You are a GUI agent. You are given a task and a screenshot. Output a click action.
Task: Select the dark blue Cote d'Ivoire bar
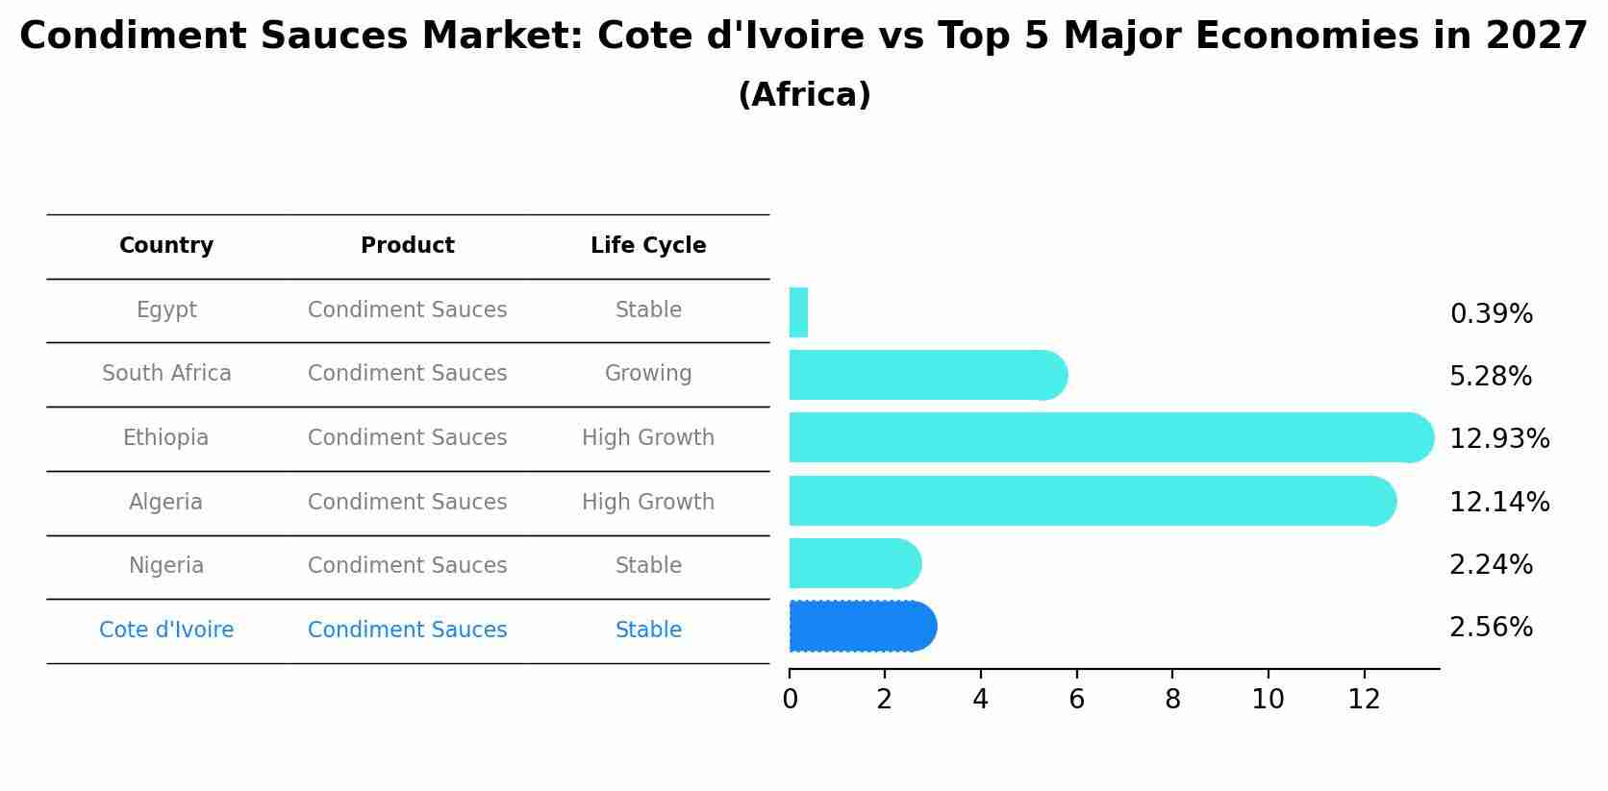pyautogui.click(x=861, y=627)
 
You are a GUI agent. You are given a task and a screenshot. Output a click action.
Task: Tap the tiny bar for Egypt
pyautogui.click(x=798, y=312)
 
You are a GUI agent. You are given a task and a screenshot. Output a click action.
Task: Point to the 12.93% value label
pyautogui.click(x=1498, y=439)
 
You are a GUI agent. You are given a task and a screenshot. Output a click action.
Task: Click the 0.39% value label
pyautogui.click(x=1491, y=314)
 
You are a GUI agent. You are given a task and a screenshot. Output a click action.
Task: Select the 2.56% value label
pyautogui.click(x=1491, y=628)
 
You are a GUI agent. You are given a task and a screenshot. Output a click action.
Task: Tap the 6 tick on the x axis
pyautogui.click(x=1076, y=700)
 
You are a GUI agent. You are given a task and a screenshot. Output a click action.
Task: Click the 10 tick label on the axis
pyautogui.click(x=1268, y=700)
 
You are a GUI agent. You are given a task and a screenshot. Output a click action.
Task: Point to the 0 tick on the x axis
pyautogui.click(x=790, y=700)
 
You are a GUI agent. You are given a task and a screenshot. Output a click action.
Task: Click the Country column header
pyautogui.click(x=166, y=246)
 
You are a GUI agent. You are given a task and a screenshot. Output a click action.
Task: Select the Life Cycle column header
pyautogui.click(x=648, y=246)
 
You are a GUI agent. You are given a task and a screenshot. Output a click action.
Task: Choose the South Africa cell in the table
pyautogui.click(x=166, y=374)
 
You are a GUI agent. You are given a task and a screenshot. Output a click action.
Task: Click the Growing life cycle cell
pyautogui.click(x=648, y=374)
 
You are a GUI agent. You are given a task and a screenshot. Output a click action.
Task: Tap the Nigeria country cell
pyautogui.click(x=166, y=566)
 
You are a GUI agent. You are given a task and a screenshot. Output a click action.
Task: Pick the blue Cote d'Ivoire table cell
pyautogui.click(x=166, y=630)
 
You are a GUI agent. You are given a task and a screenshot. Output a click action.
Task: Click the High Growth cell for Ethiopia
pyautogui.click(x=648, y=438)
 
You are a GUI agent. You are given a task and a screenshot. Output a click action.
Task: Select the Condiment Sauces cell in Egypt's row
pyautogui.click(x=407, y=310)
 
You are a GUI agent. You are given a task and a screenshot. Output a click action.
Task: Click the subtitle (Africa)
pyautogui.click(x=804, y=95)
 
